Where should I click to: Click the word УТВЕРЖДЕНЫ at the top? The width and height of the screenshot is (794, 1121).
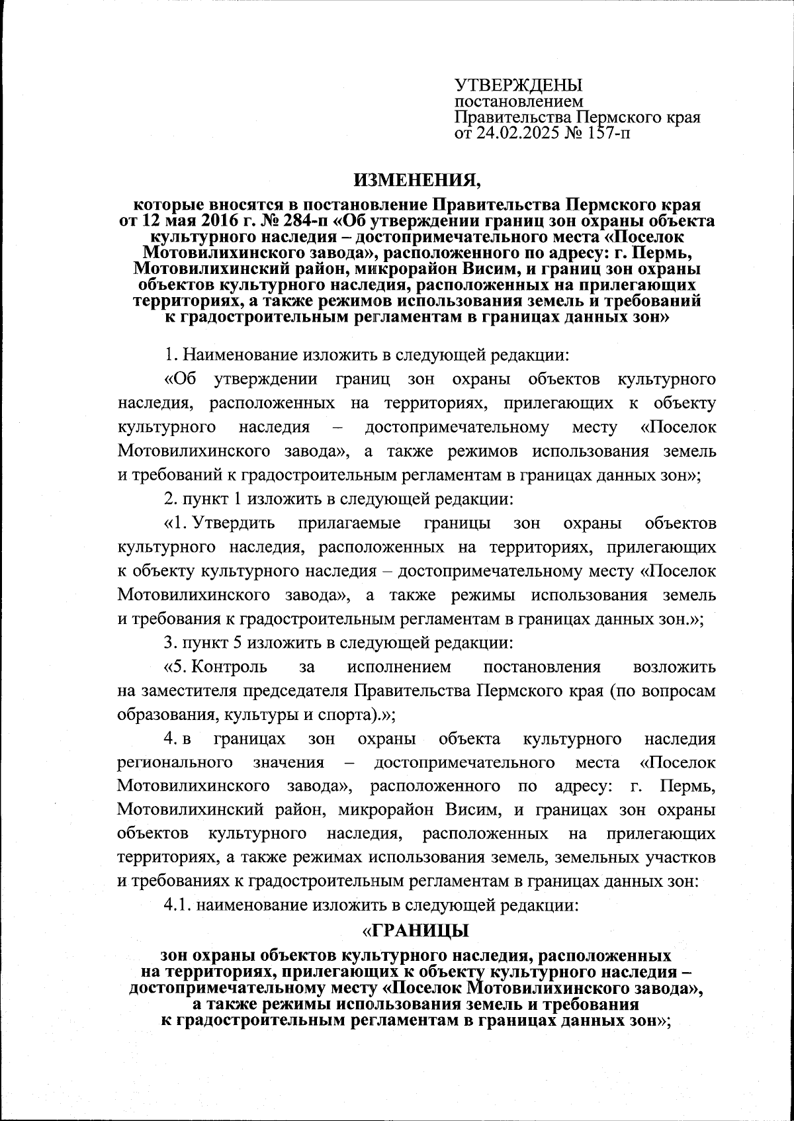point(518,85)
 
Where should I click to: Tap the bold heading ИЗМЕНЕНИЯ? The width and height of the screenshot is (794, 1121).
point(418,179)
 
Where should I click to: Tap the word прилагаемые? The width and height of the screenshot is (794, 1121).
point(349,523)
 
